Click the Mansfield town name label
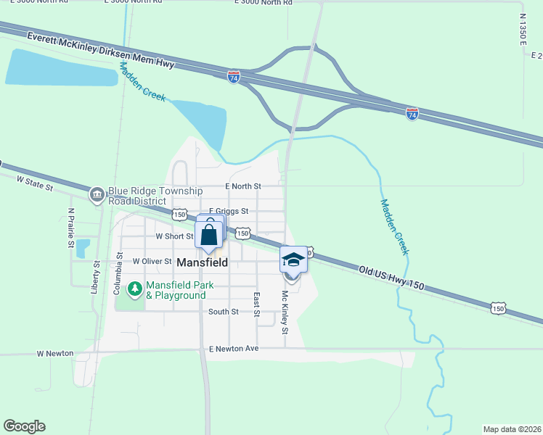(203, 262)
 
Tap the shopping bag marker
(209, 234)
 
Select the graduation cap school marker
(293, 260)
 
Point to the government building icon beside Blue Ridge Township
(97, 194)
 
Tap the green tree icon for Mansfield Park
(134, 289)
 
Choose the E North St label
(242, 186)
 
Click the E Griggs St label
(229, 212)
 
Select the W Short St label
(169, 236)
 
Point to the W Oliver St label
(152, 261)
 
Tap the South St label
(223, 312)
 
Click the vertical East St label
(256, 304)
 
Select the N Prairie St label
(71, 228)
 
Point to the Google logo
(24, 426)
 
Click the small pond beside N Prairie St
(82, 247)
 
